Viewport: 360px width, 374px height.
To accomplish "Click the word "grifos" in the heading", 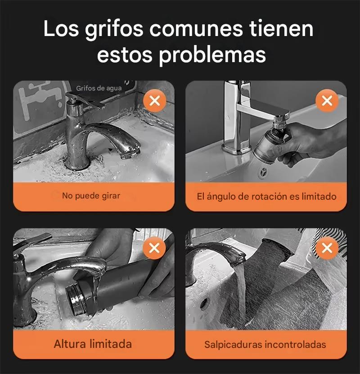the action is coord(114,30).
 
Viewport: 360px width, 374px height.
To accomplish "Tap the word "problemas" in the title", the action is coord(212,55).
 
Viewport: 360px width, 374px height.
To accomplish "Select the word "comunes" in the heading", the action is coord(196,29).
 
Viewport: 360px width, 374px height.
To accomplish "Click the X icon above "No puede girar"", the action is coord(155,101).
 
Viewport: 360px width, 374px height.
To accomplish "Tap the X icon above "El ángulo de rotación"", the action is coord(327,101).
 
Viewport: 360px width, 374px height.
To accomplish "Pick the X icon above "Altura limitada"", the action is coord(154,248).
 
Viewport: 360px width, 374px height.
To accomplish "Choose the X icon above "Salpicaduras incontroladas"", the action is coord(327,248).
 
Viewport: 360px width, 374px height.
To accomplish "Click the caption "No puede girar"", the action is coord(91,196).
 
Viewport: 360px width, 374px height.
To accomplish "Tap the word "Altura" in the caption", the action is coord(70,344).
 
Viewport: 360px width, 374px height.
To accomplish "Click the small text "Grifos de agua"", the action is coord(99,89).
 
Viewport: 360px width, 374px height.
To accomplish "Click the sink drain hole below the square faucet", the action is coord(263,172).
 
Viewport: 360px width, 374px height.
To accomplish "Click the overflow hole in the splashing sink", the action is coord(204,303).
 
